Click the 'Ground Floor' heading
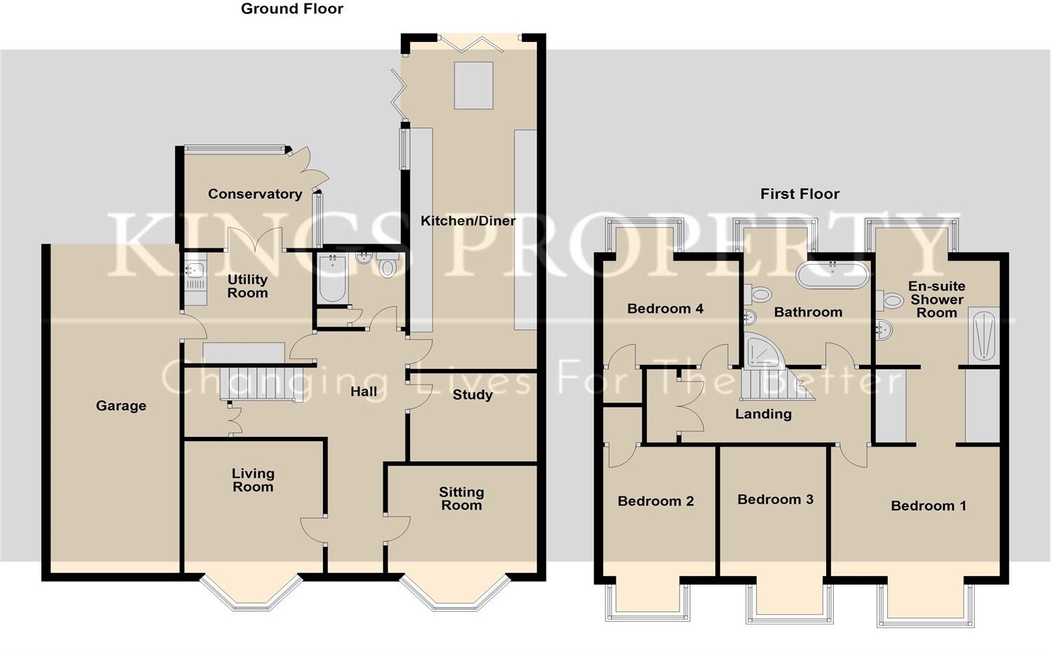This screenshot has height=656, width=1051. pyautogui.click(x=292, y=9)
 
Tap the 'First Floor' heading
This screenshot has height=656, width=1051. pyautogui.click(x=799, y=194)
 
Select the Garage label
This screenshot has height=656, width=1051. pyautogui.click(x=121, y=405)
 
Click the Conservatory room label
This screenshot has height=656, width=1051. pyautogui.click(x=255, y=194)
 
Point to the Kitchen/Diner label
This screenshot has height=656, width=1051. pyautogui.click(x=467, y=221)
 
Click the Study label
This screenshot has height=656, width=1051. pyautogui.click(x=472, y=395)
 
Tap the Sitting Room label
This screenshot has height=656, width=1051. pyautogui.click(x=461, y=498)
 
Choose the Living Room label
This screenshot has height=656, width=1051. pyautogui.click(x=253, y=480)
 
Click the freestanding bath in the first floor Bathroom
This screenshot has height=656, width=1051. pyautogui.click(x=832, y=275)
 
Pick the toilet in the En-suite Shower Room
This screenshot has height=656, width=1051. pyautogui.click(x=892, y=301)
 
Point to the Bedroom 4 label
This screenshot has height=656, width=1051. pyautogui.click(x=665, y=309)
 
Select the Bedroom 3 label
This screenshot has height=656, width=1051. pyautogui.click(x=775, y=499)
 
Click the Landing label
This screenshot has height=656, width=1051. pyautogui.click(x=763, y=414)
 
